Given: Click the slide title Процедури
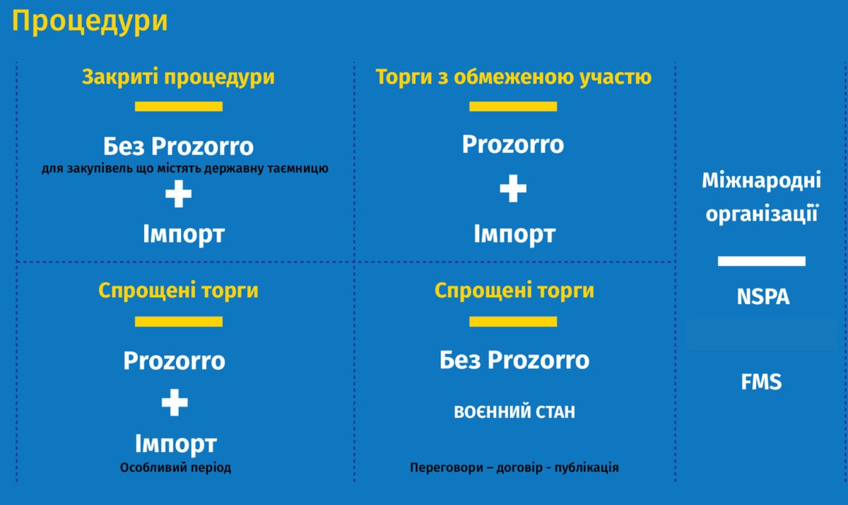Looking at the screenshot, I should pyautogui.click(x=90, y=21).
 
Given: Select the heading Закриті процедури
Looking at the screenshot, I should pyautogui.click(x=178, y=77).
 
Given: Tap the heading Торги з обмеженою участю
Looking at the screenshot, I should pyautogui.click(x=513, y=77).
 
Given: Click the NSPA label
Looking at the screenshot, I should pyautogui.click(x=762, y=297).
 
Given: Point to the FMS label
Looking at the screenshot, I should pyautogui.click(x=761, y=383).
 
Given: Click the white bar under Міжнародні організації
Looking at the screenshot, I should pyautogui.click(x=761, y=261).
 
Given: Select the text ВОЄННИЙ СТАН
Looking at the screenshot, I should pyautogui.click(x=514, y=412).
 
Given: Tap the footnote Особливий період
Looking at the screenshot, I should pyautogui.click(x=175, y=468).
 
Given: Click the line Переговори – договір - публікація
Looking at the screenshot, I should pyautogui.click(x=514, y=468).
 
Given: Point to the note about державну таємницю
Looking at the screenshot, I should pyautogui.click(x=185, y=169).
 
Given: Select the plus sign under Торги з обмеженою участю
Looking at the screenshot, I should pyautogui.click(x=513, y=189).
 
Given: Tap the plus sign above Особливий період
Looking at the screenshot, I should pyautogui.click(x=175, y=403).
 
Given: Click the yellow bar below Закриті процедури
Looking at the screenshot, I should pyautogui.click(x=178, y=107).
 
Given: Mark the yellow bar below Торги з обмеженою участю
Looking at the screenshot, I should pyautogui.click(x=513, y=107).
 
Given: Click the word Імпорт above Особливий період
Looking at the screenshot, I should pyautogui.click(x=175, y=444).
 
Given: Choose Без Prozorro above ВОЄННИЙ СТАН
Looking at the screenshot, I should pyautogui.click(x=514, y=360).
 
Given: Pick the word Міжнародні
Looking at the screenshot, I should pyautogui.click(x=761, y=181).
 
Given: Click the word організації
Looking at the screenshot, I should pyautogui.click(x=761, y=213).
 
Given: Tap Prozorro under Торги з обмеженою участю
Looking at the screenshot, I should pyautogui.click(x=513, y=144).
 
